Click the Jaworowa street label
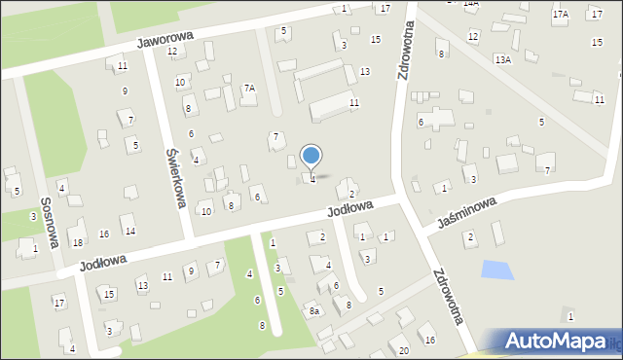pyautogui.click(x=165, y=39)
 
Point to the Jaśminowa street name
pyautogui.click(x=467, y=211)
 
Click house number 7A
pyautogui.click(x=249, y=89)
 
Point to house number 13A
pyautogui.click(x=502, y=59)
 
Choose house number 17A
pyautogui.click(x=560, y=15)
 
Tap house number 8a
pyautogui.click(x=314, y=310)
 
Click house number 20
pyautogui.click(x=403, y=349)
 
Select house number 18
pyautogui.click(x=78, y=242)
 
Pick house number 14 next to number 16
pyautogui.click(x=129, y=231)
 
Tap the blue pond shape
pyautogui.click(x=496, y=270)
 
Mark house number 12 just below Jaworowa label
pyautogui.click(x=172, y=51)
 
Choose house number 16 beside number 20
pyautogui.click(x=429, y=340)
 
